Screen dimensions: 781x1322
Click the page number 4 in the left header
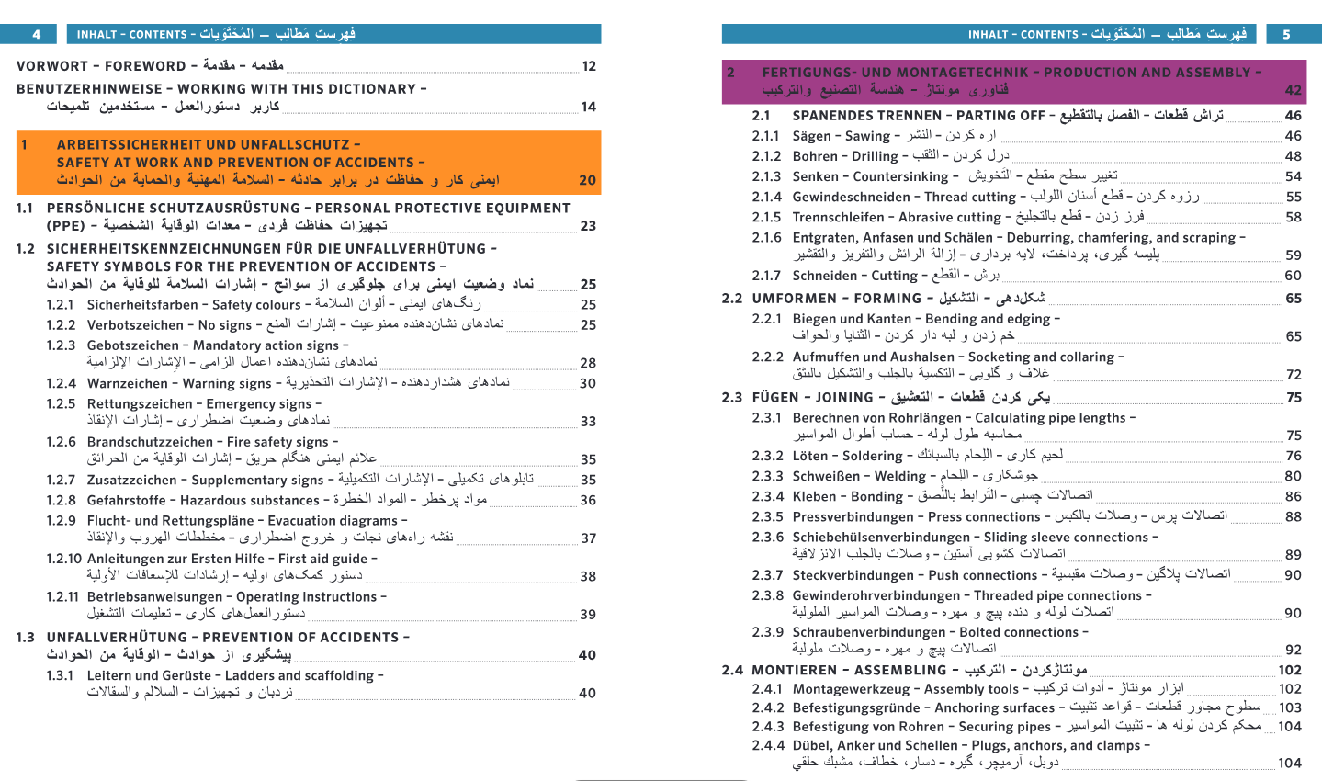point(37,35)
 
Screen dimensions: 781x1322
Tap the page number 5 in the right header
point(1286,35)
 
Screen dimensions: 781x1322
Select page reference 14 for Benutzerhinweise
point(588,107)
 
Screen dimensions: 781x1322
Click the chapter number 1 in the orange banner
point(25,144)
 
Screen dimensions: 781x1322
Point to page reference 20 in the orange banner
point(588,180)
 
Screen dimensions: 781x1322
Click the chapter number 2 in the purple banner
point(730,72)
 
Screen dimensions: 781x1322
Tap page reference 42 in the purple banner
point(1293,90)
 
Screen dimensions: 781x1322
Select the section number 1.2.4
point(62,383)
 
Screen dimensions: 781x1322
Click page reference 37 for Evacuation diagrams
point(588,538)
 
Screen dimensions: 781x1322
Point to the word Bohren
point(814,156)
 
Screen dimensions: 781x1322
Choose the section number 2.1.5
point(766,217)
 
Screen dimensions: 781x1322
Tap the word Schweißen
point(825,476)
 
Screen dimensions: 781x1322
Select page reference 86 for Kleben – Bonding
point(1293,496)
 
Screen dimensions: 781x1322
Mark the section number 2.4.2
point(768,707)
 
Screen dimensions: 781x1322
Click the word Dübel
point(809,745)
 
